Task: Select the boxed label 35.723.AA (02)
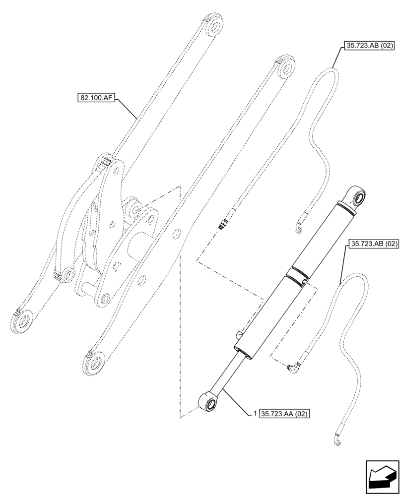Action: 284,413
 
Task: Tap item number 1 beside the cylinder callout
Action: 255,413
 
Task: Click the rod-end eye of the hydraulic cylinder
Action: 208,400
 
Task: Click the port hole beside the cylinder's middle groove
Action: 305,283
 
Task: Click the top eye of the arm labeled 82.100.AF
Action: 215,27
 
